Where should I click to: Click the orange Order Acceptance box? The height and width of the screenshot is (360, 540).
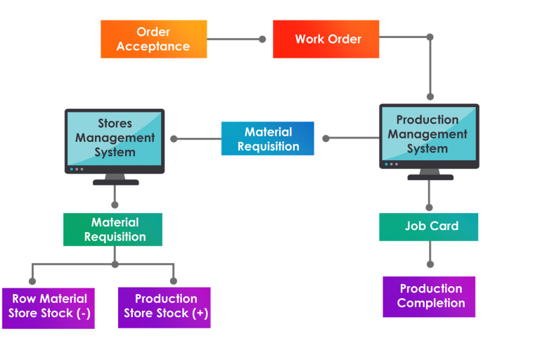153,39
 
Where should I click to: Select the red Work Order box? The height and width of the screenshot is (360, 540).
326,39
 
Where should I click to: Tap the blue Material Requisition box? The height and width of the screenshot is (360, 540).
268,139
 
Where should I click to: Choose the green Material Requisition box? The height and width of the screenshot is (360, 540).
113,229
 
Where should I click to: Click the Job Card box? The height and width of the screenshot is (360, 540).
429,226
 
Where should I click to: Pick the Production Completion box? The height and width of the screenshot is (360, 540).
429,296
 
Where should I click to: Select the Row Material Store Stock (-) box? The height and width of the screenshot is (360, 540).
49,307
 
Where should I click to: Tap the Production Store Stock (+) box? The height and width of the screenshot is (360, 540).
164,307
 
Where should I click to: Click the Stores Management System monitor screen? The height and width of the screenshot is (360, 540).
115,138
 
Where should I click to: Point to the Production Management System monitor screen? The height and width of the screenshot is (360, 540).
429,134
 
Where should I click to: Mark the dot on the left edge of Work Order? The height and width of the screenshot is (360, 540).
262,39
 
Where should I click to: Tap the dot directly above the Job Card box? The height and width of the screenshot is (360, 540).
429,207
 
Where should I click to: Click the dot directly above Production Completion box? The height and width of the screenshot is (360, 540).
430,264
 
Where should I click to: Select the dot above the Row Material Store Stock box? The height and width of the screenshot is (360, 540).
32,281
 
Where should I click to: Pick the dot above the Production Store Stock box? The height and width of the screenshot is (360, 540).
174,281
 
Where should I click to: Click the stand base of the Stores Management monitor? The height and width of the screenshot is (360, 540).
115,182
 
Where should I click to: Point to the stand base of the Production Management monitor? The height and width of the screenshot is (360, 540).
430,177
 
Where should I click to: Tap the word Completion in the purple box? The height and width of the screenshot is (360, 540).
431,304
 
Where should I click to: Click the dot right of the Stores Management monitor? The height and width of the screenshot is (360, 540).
174,139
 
